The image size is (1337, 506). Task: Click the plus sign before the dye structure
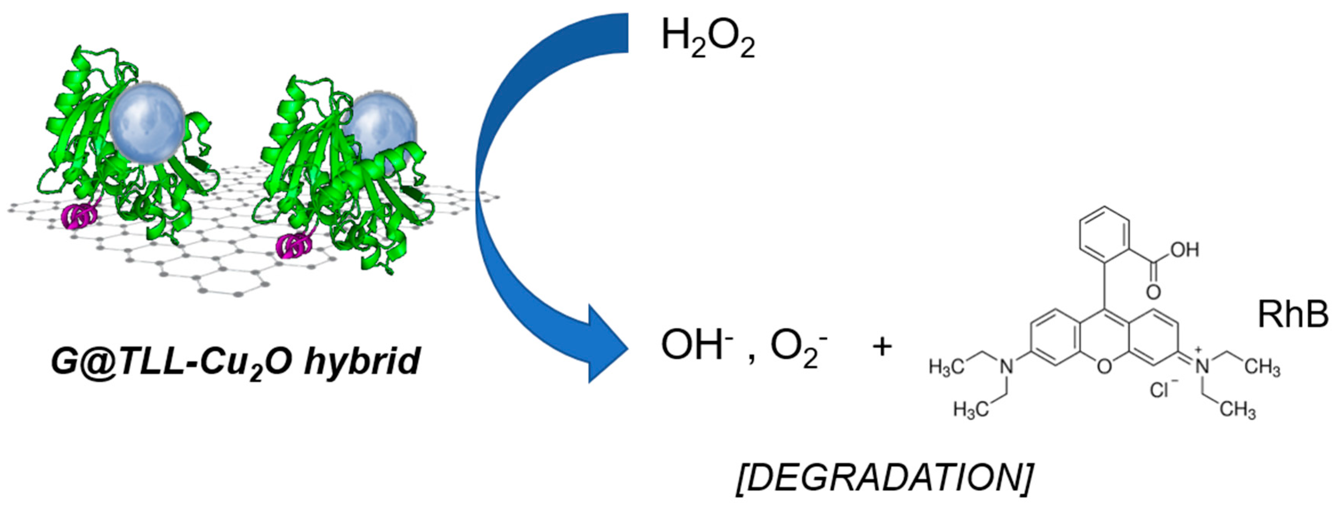coord(882,347)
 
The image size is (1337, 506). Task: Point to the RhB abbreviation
coord(1292,315)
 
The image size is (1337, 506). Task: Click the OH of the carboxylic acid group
coord(1185,250)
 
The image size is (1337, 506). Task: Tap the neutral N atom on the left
coord(1007,367)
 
